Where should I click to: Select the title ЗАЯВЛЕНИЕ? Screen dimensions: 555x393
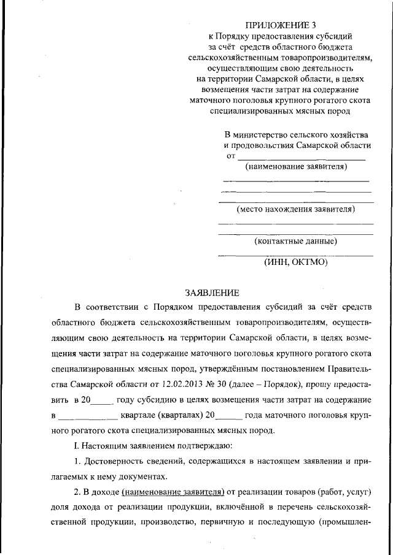211,293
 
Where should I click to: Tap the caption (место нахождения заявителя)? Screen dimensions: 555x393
296,209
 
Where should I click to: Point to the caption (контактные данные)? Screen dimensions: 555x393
296,241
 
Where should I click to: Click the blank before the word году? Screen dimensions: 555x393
103,400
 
